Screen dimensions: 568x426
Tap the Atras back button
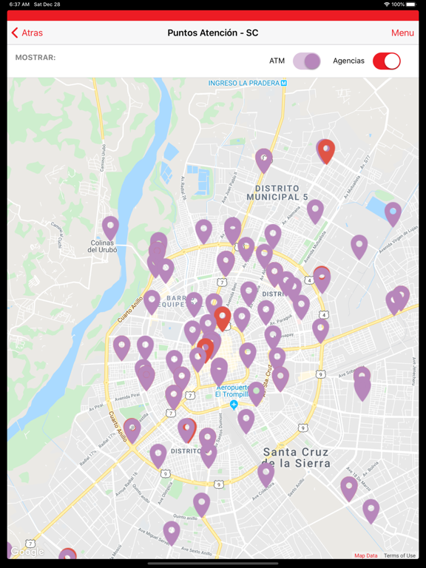pos(27,33)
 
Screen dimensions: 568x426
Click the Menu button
pos(402,33)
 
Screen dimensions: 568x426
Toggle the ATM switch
pos(306,61)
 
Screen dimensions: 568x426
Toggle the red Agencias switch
pos(386,61)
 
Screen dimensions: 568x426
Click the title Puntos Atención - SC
pos(213,33)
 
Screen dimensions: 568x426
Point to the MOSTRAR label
pos(35,58)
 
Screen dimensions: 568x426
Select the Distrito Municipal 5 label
pos(277,193)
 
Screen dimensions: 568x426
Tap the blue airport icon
pos(234,405)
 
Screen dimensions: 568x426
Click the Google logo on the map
pos(27,552)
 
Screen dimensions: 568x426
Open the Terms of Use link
pos(399,555)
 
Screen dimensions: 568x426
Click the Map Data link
pos(365,555)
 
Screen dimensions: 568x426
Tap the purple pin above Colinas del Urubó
pos(110,227)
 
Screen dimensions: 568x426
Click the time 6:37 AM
pos(20,4)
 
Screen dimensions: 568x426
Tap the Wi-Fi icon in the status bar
pos(386,4)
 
